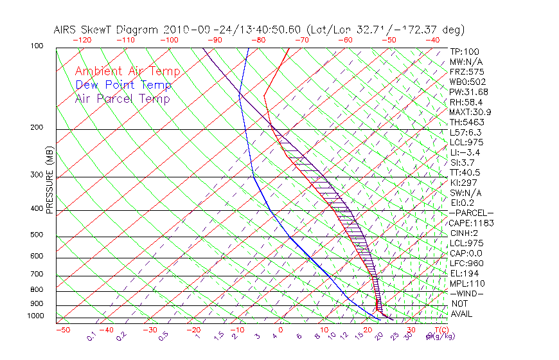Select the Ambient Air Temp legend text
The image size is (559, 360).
coord(127,71)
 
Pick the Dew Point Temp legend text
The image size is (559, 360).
coord(123,85)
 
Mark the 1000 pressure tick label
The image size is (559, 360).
coord(37,316)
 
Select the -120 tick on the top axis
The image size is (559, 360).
coord(82,39)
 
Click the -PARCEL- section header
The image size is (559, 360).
coord(472,213)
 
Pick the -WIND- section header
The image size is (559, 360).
coord(467,293)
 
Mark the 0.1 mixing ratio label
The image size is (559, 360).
coord(91,335)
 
